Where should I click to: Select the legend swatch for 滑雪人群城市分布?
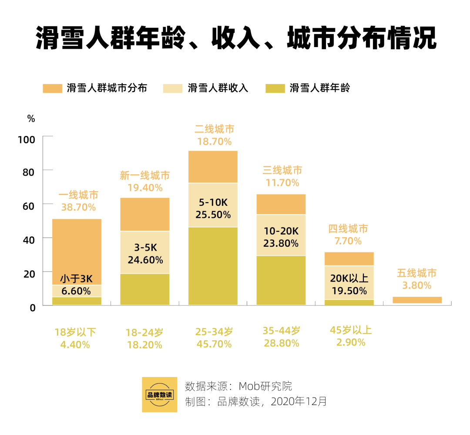[x=53, y=88]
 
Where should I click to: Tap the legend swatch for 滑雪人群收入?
[x=172, y=88]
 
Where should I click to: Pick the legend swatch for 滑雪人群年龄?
[x=275, y=88]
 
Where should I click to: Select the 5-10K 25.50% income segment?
[x=213, y=205]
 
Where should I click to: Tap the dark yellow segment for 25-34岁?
[x=213, y=266]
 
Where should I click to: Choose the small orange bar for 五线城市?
[x=417, y=300]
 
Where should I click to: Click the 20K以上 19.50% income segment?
[x=349, y=282]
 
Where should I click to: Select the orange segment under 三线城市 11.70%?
[x=281, y=204]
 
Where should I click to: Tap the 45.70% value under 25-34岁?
[x=214, y=345]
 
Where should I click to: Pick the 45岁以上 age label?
[x=351, y=330]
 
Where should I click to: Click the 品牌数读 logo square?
[x=160, y=394]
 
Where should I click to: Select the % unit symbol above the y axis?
[x=31, y=119]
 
